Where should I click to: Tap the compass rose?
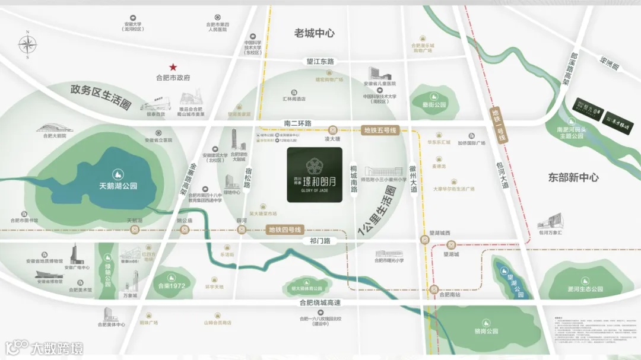click(27, 44)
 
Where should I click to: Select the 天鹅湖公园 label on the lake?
click(118, 186)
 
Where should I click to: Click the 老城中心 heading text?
click(315, 33)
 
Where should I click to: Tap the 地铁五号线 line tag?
click(380, 130)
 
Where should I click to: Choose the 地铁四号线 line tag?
click(285, 230)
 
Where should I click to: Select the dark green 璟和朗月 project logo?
click(315, 175)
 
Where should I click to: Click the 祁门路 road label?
click(319, 241)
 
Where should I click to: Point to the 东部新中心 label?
click(573, 177)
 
